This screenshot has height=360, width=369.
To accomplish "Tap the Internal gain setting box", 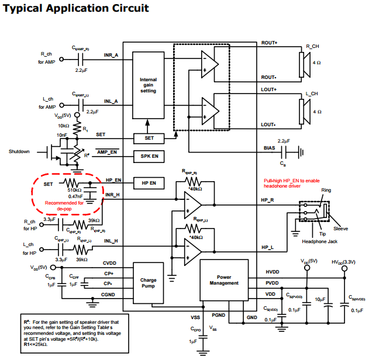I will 148,85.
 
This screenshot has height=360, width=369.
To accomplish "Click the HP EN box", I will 148,182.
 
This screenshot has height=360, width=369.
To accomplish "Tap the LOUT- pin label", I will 268,124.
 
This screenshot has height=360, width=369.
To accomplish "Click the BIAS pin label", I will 269,148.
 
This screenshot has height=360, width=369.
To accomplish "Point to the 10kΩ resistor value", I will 63,126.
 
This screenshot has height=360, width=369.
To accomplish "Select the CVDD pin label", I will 110,264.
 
